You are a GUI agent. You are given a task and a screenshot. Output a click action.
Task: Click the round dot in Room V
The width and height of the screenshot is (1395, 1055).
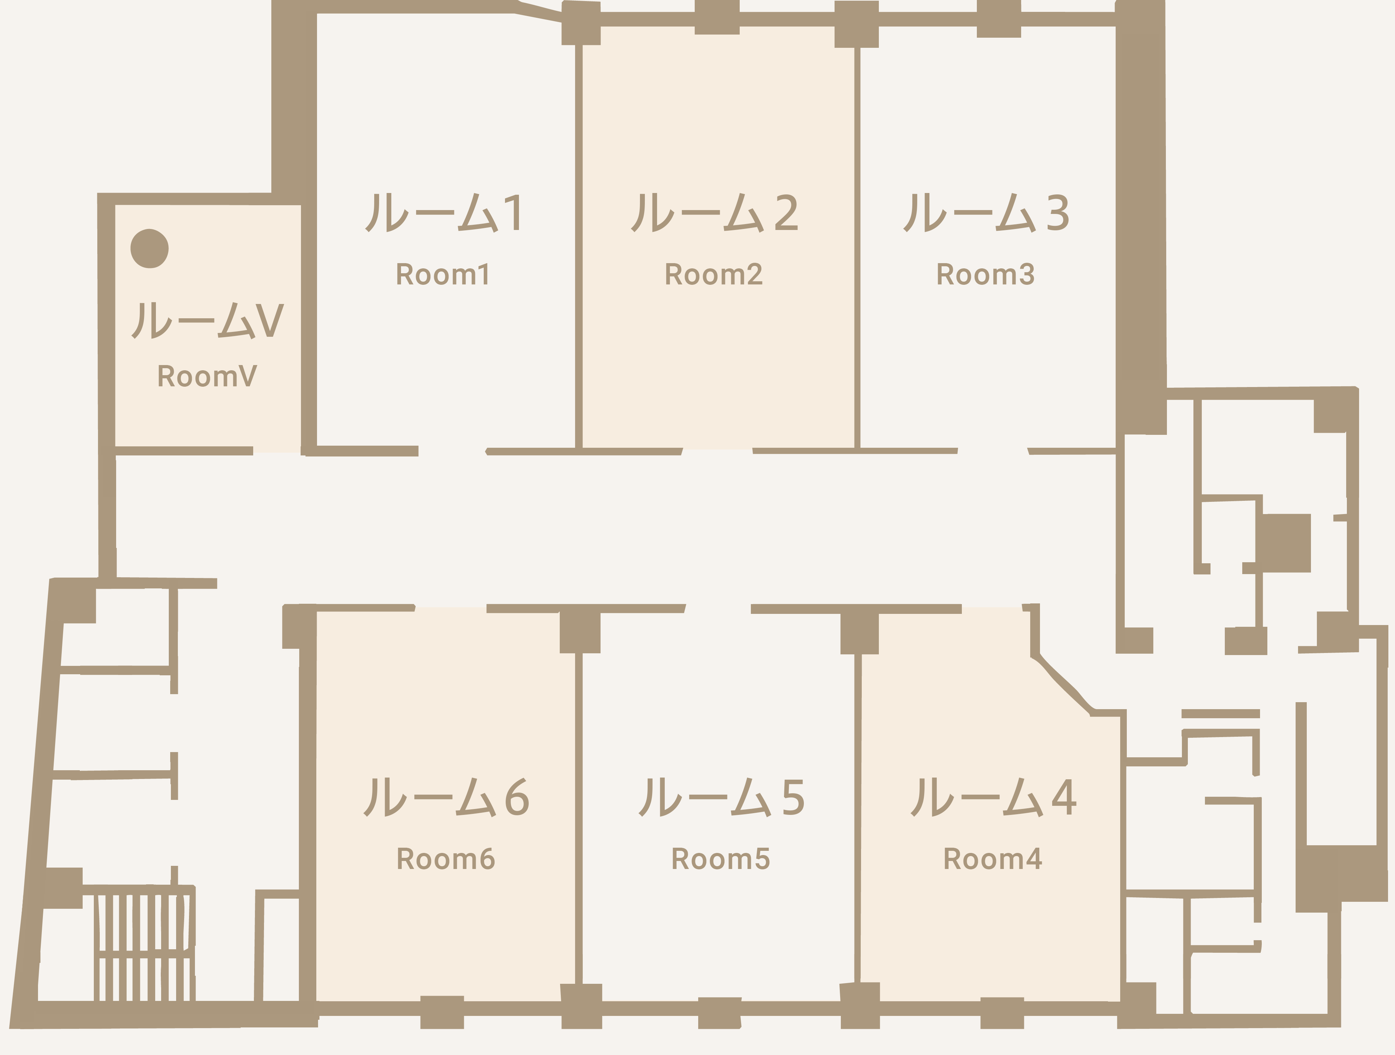[150, 248]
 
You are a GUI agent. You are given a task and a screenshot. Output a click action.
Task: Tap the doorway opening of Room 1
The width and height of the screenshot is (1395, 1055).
[452, 451]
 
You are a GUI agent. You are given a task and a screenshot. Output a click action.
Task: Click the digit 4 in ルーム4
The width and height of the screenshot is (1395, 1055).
[1064, 797]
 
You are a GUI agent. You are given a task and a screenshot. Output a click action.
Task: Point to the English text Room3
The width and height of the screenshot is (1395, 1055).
[986, 274]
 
